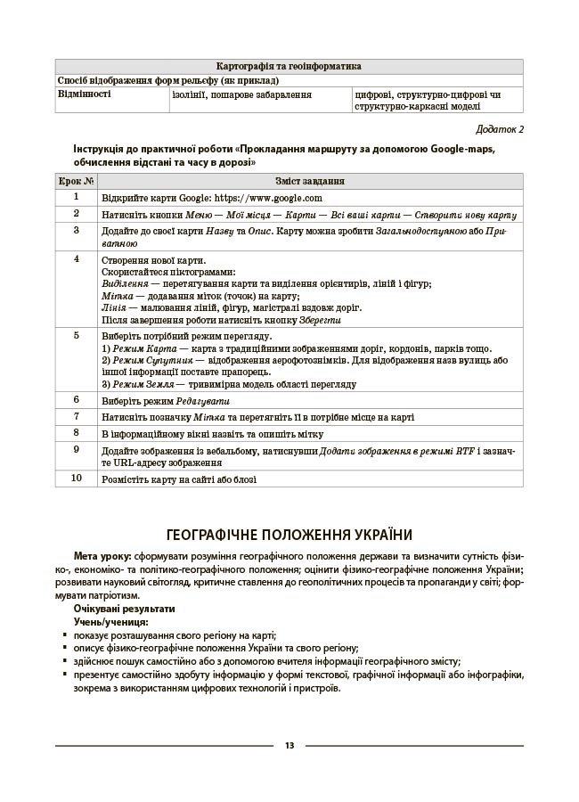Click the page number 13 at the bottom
click(289, 746)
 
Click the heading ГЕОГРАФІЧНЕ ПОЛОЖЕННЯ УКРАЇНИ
click(289, 535)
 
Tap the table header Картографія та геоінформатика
click(289, 66)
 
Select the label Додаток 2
click(500, 129)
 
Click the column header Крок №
click(76, 181)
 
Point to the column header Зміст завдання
click(310, 181)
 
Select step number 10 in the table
click(76, 479)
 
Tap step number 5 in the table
click(76, 336)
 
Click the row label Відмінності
click(85, 92)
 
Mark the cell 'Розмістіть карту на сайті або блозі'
click(179, 479)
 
